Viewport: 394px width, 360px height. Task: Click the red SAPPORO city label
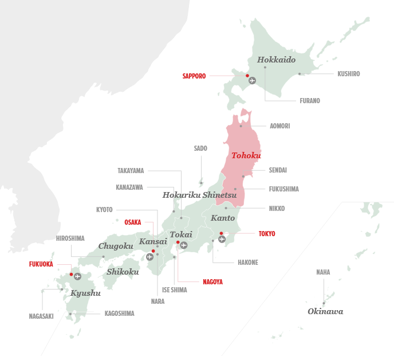pos(194,76)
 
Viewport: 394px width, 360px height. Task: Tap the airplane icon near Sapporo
pos(252,81)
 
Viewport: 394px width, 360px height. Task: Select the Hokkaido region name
pos(276,60)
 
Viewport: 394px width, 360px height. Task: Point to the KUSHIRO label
pos(348,74)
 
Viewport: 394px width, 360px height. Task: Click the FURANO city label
pos(310,101)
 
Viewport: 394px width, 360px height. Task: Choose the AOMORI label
pos(279,126)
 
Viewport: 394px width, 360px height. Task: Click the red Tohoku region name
pos(246,155)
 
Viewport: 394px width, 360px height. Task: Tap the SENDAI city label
pos(278,170)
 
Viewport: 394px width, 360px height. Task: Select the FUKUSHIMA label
pos(283,189)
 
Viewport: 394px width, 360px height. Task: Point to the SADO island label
pos(200,148)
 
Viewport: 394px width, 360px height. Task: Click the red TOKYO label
pos(267,234)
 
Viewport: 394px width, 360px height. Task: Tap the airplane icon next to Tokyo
pos(222,239)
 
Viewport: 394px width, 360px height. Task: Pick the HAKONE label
pos(248,263)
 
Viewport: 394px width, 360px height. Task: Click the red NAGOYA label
pos(212,282)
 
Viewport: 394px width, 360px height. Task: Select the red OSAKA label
pos(132,222)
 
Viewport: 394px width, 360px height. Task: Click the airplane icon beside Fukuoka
pos(77,276)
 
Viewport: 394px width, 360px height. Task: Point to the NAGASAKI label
pos(41,316)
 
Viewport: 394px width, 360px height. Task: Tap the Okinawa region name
pos(325,311)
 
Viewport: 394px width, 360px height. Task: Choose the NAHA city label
pos(323,272)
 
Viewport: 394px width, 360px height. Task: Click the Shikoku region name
pos(123,272)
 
